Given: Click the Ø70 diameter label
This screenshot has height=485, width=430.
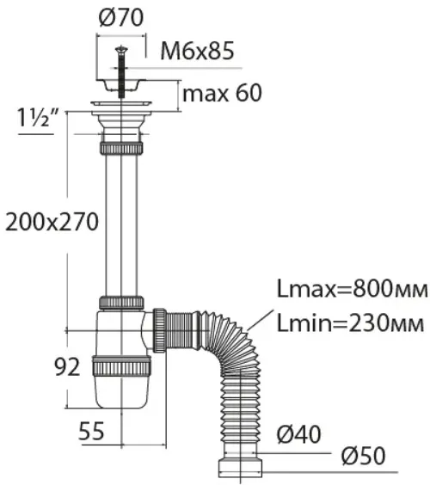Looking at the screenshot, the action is point(121,17).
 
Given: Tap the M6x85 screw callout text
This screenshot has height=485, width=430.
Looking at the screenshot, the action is point(197,51).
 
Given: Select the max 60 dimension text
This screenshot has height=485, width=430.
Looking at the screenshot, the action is point(223,93).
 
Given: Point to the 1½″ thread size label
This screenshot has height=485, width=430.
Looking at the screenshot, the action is point(37,118).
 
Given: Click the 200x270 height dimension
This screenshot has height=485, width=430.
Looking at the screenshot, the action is point(52,222).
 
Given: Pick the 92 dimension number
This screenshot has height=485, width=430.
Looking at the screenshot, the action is point(67,367).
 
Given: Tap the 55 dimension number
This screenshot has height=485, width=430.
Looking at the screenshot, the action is point(91,431).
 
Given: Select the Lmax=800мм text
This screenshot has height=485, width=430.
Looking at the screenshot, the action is point(353,289).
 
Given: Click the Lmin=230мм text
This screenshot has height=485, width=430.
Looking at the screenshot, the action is point(350,323).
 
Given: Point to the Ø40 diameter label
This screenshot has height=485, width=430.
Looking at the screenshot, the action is point(298,434).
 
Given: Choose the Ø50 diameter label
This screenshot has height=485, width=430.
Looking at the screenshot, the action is point(364,456).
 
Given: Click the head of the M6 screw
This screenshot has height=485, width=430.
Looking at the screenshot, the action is point(121,50).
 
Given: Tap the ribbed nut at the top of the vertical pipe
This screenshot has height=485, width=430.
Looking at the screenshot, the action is point(121,149).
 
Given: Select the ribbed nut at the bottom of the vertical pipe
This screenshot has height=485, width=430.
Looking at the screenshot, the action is point(121,302).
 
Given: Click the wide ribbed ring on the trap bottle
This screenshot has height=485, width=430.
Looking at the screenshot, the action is point(121,366).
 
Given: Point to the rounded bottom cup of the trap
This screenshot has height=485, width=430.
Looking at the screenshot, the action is point(121,392).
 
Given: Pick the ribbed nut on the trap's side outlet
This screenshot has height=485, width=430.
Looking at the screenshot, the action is point(160,330).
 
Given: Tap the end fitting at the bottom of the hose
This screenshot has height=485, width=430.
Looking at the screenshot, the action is point(240,468).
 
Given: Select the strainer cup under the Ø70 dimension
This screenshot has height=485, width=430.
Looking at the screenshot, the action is point(120,85).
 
